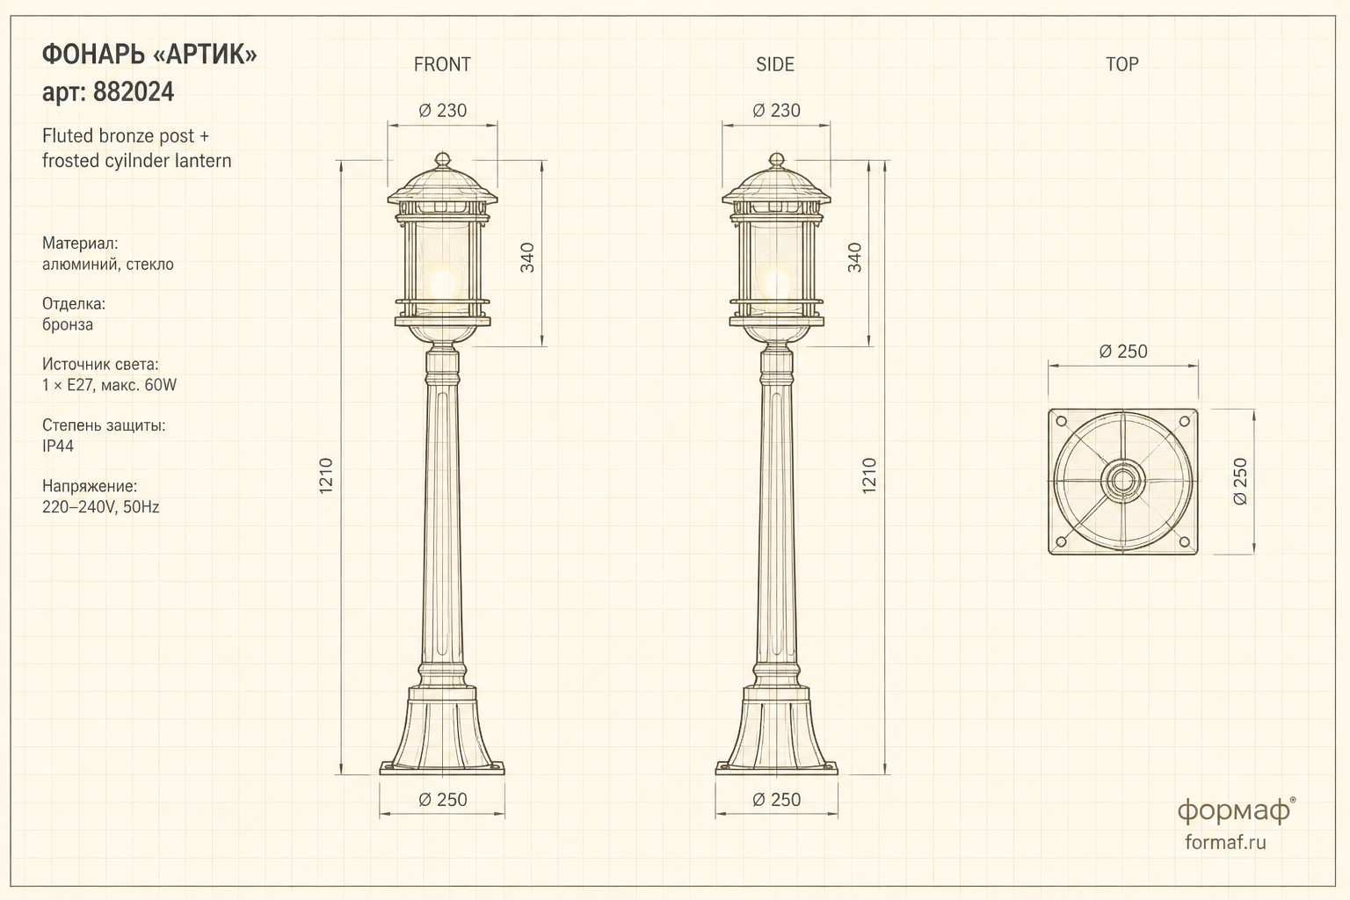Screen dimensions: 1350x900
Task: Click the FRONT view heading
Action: pyautogui.click(x=442, y=64)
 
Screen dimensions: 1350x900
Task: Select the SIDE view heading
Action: pyautogui.click(x=775, y=64)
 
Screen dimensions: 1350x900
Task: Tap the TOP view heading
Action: pyautogui.click(x=1121, y=64)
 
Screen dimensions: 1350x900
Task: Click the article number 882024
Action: pyautogui.click(x=134, y=92)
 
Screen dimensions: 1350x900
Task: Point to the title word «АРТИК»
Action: pyautogui.click(x=206, y=54)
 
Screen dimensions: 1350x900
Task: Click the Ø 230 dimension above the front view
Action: pyautogui.click(x=442, y=111)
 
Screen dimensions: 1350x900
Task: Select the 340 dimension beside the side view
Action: pyautogui.click(x=854, y=258)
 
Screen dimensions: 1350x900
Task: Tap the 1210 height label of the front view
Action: pyautogui.click(x=325, y=475)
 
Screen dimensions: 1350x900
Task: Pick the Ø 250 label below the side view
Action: pyautogui.click(x=776, y=799)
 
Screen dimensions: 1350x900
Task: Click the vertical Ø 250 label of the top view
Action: pyautogui.click(x=1240, y=481)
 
